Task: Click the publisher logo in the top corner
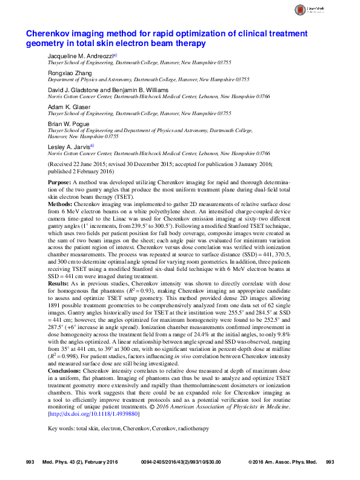coord(323,10)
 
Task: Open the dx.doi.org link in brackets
coord(94,415)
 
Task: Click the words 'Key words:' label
coord(61,428)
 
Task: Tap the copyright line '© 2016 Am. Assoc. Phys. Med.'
coord(282,462)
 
